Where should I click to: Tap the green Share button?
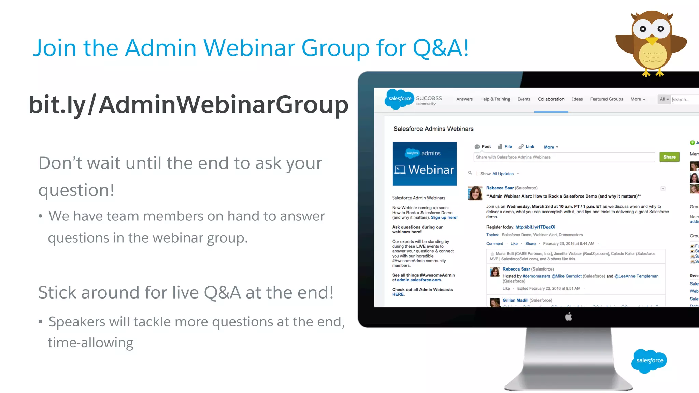[669, 157]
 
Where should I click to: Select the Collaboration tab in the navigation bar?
[551, 99]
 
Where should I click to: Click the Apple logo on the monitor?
[568, 317]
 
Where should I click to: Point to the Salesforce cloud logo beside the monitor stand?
[649, 361]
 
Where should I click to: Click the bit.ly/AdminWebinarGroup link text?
[188, 104]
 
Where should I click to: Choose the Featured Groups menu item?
[607, 99]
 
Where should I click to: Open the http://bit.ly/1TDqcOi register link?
[535, 227]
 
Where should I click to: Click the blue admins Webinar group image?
[424, 164]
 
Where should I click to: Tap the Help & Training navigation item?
[495, 99]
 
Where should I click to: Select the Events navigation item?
[524, 99]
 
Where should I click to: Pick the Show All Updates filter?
[497, 174]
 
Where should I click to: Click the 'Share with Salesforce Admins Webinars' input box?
[564, 157]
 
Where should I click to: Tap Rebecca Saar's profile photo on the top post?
[475, 193]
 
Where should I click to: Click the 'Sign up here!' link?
[444, 217]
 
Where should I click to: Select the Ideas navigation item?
[577, 99]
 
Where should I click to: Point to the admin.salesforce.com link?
[419, 280]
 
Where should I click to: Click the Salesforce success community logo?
[413, 99]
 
